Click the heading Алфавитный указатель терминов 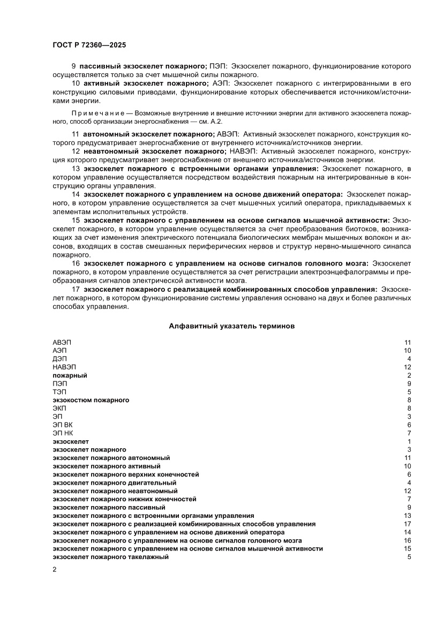pos(231,325)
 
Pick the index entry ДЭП pos(59,358)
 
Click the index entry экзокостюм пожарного pos(91,400)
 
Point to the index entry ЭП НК pos(62,433)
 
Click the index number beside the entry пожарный pos(409,375)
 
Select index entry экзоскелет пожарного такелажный pos(111,557)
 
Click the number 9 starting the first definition pos(73,66)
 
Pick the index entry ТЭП pos(59,392)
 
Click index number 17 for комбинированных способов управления pos(407,524)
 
